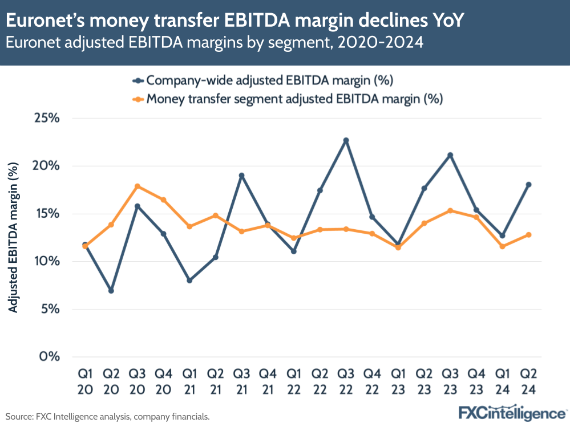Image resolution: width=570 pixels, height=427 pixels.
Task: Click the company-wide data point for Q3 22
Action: click(346, 140)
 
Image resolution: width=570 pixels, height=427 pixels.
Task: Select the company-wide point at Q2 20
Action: click(111, 291)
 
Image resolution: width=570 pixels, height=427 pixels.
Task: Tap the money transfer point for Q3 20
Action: click(137, 186)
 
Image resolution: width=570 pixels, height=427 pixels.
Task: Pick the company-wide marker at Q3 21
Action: click(241, 176)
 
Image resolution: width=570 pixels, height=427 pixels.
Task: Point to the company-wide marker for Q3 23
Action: click(450, 155)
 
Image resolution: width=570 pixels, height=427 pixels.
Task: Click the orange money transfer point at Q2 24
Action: click(528, 235)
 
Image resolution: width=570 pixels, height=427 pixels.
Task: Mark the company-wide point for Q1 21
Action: click(189, 280)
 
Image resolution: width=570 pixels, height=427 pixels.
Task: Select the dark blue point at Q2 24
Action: click(528, 185)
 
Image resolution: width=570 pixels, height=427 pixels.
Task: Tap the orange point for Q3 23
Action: click(450, 210)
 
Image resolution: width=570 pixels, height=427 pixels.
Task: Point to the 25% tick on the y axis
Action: click(47, 119)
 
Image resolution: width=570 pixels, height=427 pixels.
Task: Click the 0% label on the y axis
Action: click(50, 357)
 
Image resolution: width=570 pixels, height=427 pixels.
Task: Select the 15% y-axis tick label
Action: click(47, 214)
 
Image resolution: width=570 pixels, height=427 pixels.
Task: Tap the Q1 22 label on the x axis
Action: click(294, 382)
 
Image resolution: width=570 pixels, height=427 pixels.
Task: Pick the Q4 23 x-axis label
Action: click(476, 382)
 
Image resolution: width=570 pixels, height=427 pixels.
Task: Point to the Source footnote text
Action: click(108, 417)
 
